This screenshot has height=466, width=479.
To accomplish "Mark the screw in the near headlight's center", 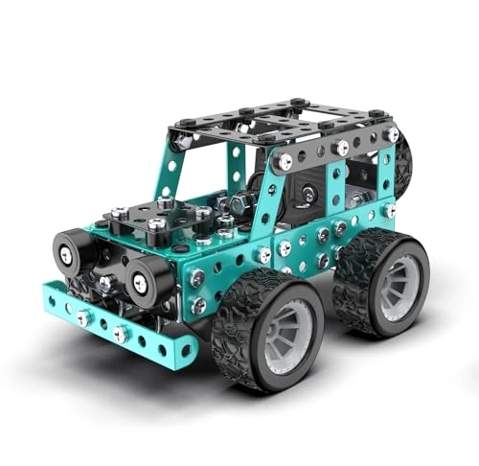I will (x=141, y=281).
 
